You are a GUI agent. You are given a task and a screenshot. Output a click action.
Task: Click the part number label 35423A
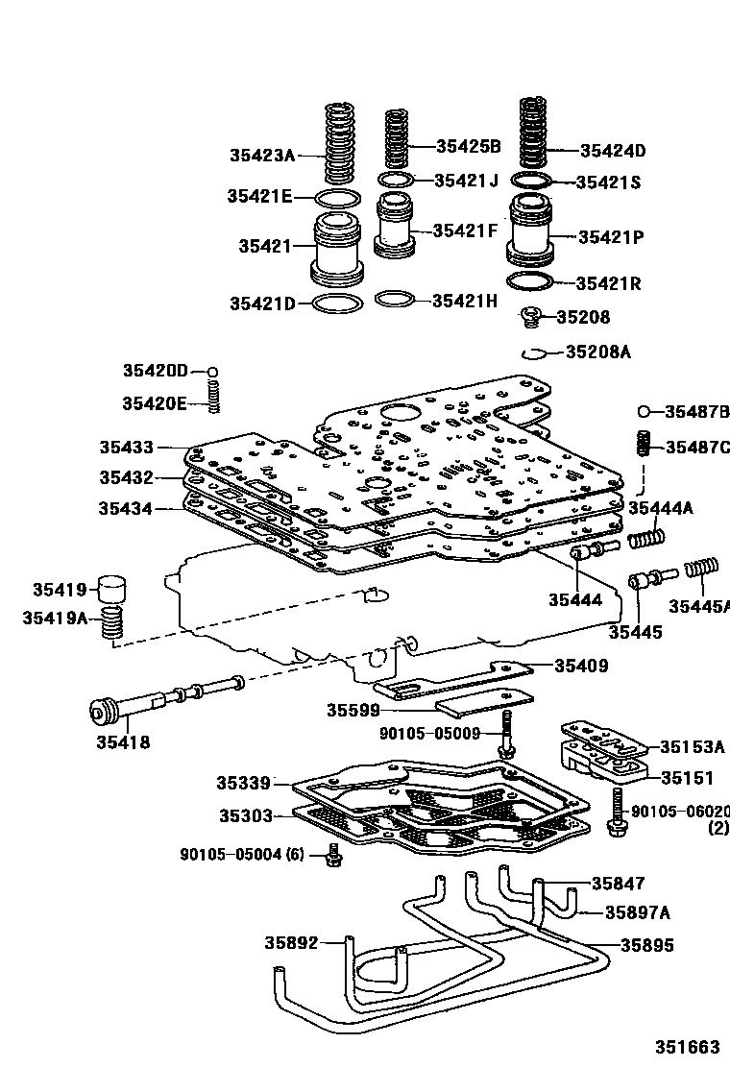pos(261,154)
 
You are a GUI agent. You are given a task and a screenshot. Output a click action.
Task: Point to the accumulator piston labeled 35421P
pos(530,232)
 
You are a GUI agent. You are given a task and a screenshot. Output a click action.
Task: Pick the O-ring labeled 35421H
pos(396,299)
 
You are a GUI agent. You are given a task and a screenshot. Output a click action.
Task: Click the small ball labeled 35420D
pos(213,372)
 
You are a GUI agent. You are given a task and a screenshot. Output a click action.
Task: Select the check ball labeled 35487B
pos(645,413)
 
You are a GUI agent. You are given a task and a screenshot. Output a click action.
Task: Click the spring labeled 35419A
pos(114,624)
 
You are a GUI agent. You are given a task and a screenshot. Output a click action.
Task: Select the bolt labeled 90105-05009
pos(505,737)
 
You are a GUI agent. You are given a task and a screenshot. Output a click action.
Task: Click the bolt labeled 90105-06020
pos(616,811)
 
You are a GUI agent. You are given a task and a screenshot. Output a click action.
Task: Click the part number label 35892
pos(291,943)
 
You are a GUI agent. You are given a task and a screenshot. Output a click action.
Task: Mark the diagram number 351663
pos(688,1046)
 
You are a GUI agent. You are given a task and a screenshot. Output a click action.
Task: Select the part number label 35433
pos(126,447)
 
